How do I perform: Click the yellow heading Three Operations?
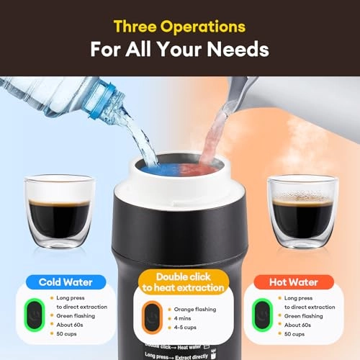179,27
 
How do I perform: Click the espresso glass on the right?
301,209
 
